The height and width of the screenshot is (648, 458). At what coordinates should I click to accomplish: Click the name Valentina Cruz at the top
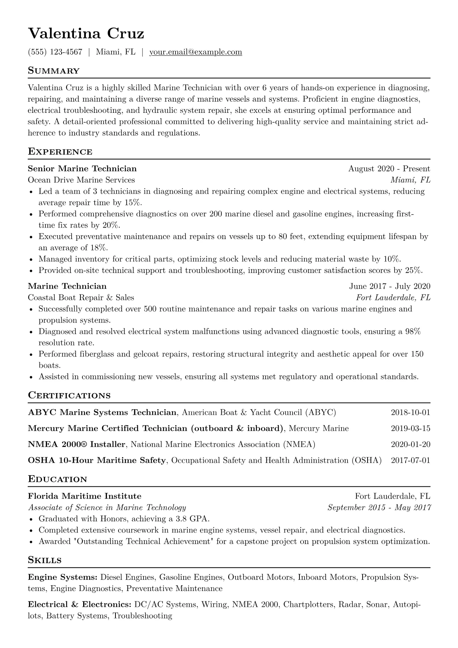click(x=86, y=33)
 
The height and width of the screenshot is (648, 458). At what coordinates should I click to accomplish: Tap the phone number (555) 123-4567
click(x=55, y=52)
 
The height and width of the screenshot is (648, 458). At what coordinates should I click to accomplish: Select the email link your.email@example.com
click(x=196, y=52)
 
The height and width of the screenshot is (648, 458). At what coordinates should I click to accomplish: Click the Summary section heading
click(x=53, y=71)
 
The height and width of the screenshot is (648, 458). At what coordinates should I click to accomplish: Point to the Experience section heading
click(x=60, y=152)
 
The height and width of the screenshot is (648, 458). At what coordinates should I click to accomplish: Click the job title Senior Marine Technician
click(x=82, y=169)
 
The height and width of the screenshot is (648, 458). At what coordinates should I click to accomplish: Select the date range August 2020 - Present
click(x=389, y=169)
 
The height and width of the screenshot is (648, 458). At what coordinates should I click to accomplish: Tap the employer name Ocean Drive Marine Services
click(x=81, y=180)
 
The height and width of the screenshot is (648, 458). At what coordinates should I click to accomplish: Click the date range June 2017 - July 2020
click(x=389, y=286)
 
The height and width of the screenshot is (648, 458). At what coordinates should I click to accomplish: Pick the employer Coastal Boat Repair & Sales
click(x=81, y=297)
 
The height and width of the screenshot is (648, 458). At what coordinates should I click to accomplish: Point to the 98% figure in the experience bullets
click(x=413, y=331)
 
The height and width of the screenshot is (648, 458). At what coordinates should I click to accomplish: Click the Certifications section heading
click(x=69, y=395)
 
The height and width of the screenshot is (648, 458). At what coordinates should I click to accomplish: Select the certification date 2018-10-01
click(x=410, y=412)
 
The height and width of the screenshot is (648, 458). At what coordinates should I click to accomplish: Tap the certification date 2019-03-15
click(x=410, y=428)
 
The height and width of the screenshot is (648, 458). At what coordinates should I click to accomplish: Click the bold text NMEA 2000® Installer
click(x=77, y=444)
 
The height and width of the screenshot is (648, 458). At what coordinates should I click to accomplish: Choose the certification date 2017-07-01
click(x=410, y=460)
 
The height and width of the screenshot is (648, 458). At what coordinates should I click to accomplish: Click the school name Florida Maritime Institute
click(x=85, y=496)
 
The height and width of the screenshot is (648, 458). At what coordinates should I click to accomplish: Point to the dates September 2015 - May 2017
click(x=379, y=507)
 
